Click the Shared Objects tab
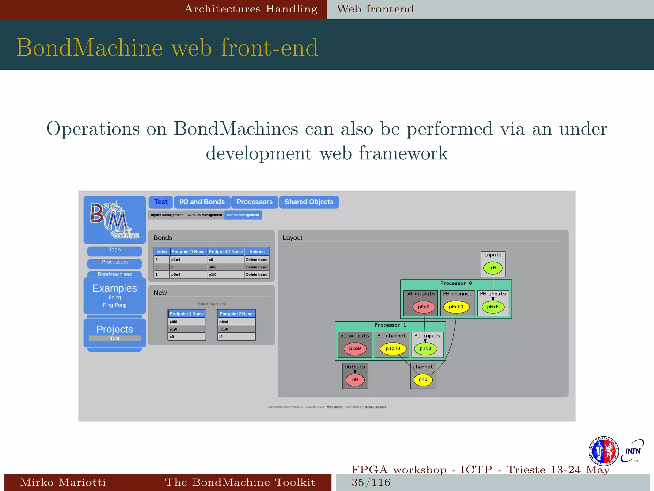tap(309, 202)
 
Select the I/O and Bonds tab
tap(202, 202)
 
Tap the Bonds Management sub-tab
tap(243, 215)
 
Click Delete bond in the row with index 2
tap(257, 260)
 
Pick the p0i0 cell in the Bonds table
tap(225, 267)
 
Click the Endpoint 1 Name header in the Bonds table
tap(188, 252)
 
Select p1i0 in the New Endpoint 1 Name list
tap(186, 329)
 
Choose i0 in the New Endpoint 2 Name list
tap(236, 337)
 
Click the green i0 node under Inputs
tap(493, 268)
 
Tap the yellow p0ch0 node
tap(456, 307)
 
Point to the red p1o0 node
tap(355, 349)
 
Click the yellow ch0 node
tap(423, 380)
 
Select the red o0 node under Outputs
tap(355, 380)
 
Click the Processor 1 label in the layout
tap(390, 325)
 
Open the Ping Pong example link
tap(115, 305)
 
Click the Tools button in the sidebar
tap(115, 250)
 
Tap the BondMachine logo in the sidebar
tap(115, 220)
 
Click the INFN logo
tap(633, 451)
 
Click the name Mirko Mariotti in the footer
tap(63, 482)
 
